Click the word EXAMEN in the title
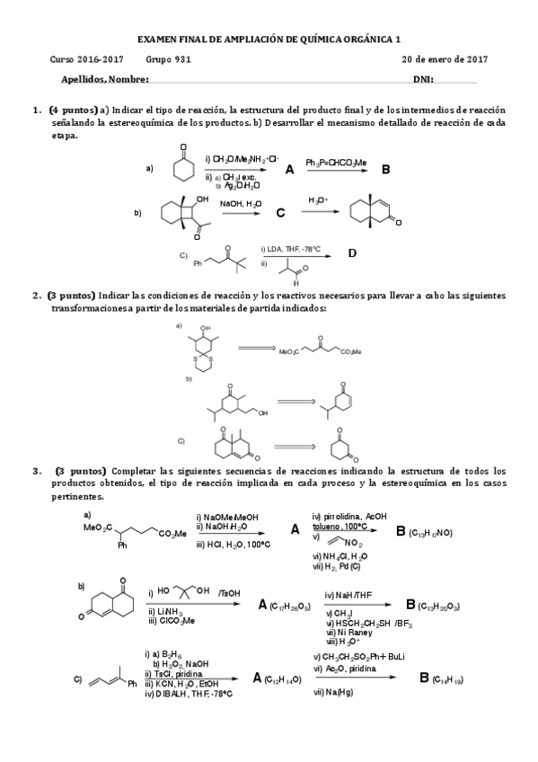(158, 40)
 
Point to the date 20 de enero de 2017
(445, 59)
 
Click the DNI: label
(423, 79)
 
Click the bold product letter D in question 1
(352, 253)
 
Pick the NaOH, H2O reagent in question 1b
(238, 204)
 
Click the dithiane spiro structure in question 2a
(206, 354)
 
